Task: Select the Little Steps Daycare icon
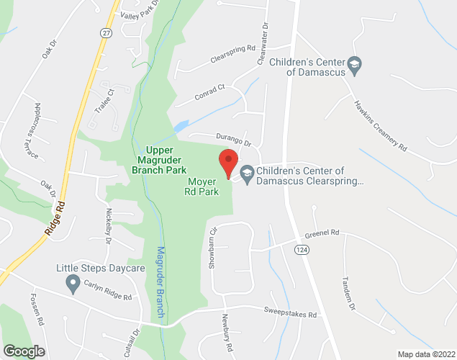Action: click(x=72, y=285)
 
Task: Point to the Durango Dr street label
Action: click(x=230, y=139)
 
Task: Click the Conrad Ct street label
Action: click(x=209, y=91)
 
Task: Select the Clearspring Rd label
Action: click(x=233, y=53)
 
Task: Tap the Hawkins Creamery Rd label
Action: click(x=380, y=125)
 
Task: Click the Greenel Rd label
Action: click(x=321, y=234)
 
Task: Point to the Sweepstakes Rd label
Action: click(x=291, y=315)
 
